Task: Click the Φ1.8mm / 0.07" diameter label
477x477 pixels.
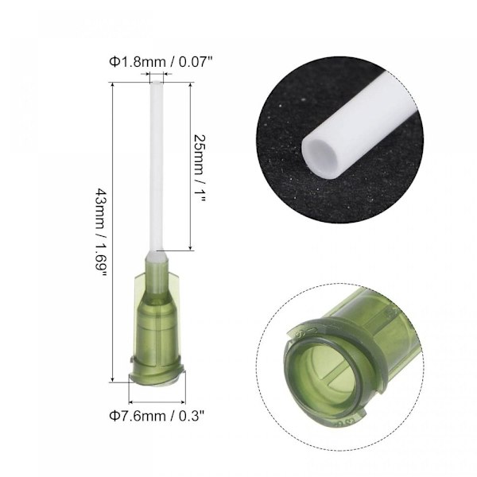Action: (161, 62)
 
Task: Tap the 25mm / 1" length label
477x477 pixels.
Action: (200, 168)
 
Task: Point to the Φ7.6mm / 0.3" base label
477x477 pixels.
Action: (157, 416)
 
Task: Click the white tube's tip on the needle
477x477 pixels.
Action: (157, 83)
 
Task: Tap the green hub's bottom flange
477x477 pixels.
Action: (157, 376)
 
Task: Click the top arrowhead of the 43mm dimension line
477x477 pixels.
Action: (113, 85)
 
